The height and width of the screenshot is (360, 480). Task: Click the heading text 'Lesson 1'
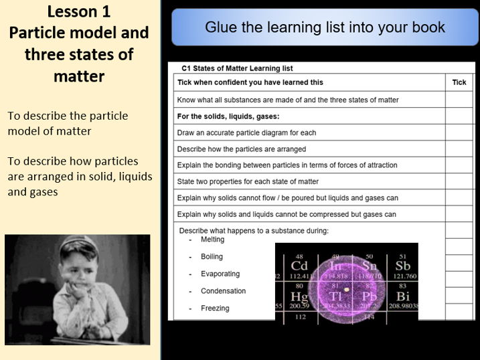[80, 12]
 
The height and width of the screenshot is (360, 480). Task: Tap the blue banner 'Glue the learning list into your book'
[325, 27]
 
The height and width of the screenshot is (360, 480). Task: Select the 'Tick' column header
[459, 82]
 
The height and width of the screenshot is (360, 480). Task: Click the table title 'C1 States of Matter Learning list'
[237, 68]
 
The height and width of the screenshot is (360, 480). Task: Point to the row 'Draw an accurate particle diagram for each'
[246, 132]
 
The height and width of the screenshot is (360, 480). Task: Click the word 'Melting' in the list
[212, 240]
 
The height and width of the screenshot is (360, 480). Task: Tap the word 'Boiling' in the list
[212, 256]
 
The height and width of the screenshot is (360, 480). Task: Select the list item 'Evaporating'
[220, 274]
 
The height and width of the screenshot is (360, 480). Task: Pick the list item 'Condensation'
[223, 291]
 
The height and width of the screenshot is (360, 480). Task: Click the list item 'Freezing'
[214, 308]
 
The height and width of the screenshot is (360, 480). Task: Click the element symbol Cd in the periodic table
[299, 267]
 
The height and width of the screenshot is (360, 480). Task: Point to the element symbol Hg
[299, 296]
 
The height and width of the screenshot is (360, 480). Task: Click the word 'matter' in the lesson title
[80, 76]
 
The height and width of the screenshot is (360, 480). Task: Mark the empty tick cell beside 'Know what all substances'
[459, 100]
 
